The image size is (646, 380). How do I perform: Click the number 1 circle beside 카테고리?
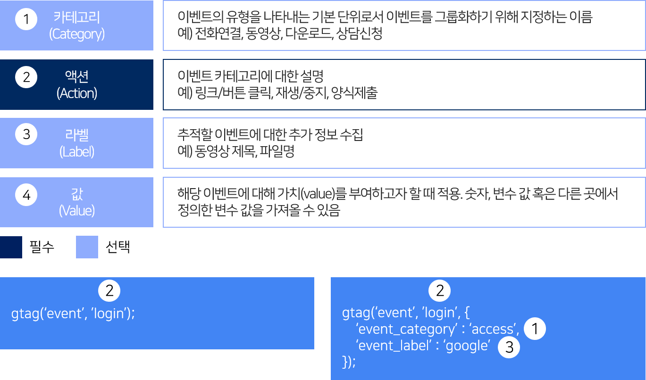click(26, 19)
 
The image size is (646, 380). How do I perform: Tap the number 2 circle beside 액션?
click(26, 77)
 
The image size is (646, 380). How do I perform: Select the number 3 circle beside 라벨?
click(26, 135)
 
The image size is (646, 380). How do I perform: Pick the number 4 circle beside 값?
click(26, 194)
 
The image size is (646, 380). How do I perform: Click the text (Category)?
click(77, 34)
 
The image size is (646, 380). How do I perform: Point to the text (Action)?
click(77, 93)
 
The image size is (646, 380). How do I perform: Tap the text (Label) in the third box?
click(77, 152)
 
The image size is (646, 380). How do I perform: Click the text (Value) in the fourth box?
click(77, 210)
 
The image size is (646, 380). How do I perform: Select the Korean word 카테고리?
click(77, 18)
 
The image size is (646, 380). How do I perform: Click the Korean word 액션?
click(77, 76)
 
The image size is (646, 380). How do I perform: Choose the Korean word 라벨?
click(77, 135)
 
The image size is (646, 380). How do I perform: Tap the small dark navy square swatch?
click(11, 247)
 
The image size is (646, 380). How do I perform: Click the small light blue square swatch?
click(87, 247)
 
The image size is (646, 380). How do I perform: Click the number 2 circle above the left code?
click(109, 291)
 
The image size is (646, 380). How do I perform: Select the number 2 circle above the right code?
click(440, 291)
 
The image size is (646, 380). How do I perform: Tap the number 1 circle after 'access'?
click(535, 329)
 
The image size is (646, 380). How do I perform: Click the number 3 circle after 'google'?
click(509, 347)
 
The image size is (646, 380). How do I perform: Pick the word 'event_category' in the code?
click(406, 329)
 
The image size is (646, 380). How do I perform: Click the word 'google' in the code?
click(466, 346)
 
